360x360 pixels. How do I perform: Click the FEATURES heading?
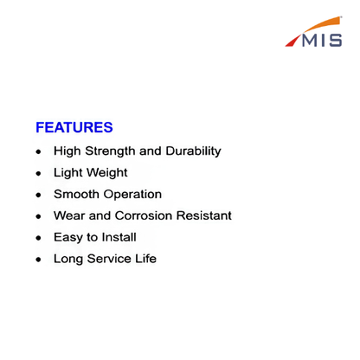(x=74, y=127)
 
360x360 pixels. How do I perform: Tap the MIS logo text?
(x=322, y=41)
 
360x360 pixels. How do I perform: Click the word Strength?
(x=110, y=151)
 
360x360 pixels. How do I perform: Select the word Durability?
(x=194, y=151)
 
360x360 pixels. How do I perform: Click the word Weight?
(x=107, y=173)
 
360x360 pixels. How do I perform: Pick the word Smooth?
(x=76, y=194)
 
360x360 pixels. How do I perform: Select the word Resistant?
(x=204, y=215)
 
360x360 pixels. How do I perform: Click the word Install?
(x=119, y=237)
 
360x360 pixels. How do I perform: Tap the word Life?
(x=146, y=259)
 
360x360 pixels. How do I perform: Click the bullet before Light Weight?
(x=39, y=173)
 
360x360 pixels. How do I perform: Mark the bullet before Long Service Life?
(x=39, y=260)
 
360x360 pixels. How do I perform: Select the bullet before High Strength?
(x=39, y=151)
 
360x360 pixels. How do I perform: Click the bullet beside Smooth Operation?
(x=39, y=195)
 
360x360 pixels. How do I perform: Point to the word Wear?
(x=69, y=215)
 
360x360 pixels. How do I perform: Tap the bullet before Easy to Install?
(x=39, y=238)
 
